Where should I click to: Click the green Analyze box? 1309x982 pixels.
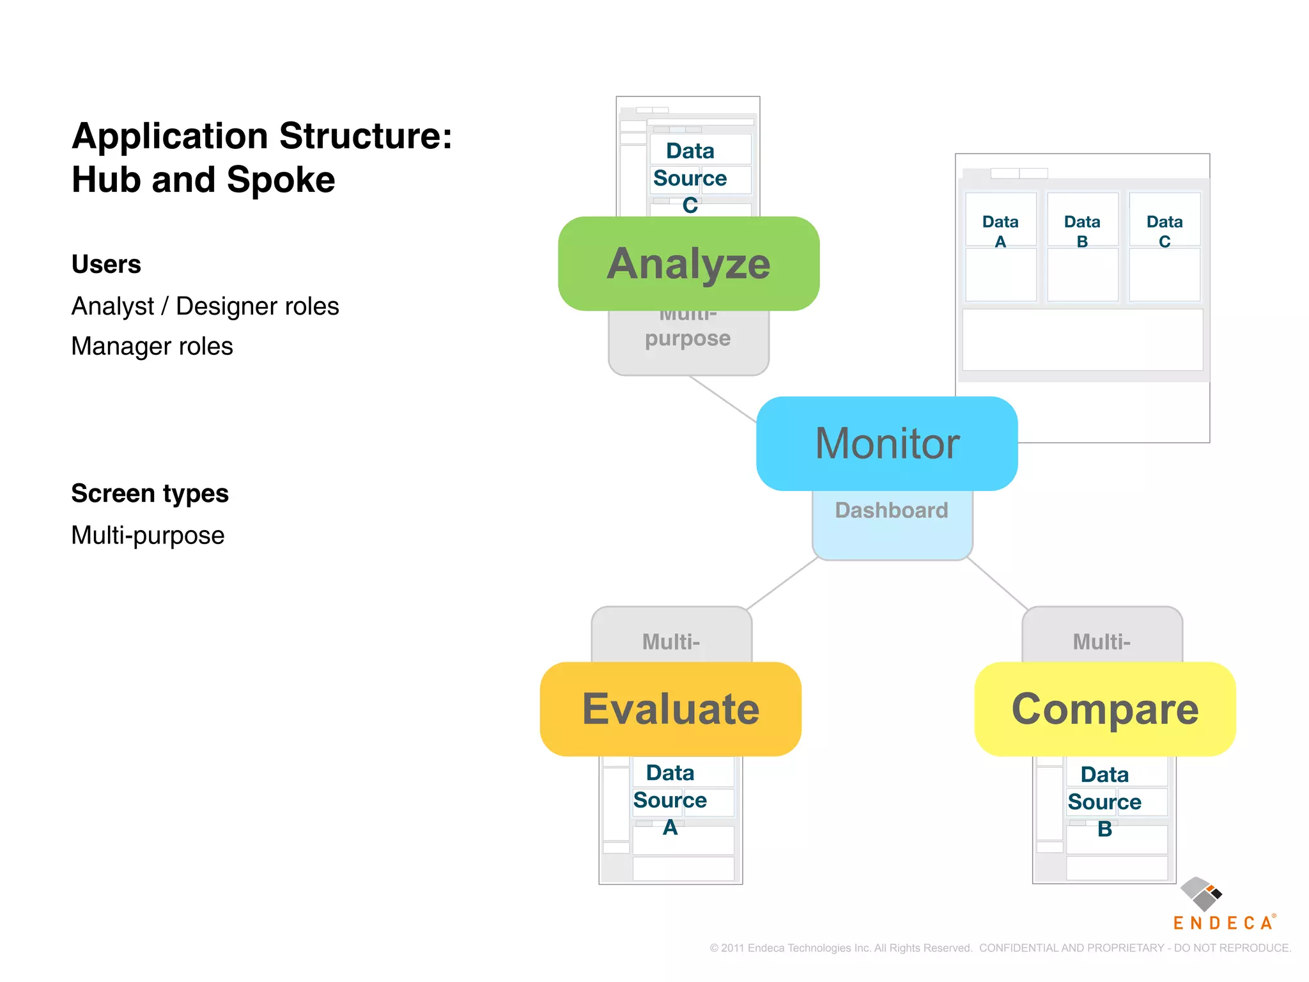688,263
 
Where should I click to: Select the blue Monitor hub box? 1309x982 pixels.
887,443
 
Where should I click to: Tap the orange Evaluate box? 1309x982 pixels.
670,709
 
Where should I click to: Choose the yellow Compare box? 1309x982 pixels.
1104,709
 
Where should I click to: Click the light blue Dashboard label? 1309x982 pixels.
892,510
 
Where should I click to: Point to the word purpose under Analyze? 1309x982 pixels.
688,338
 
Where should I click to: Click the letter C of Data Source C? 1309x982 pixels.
690,205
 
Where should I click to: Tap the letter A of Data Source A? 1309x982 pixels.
670,827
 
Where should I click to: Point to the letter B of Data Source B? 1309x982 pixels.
1104,829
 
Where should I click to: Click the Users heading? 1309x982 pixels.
106,264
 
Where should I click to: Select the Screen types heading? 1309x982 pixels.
150,494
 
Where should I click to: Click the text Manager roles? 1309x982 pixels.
152,347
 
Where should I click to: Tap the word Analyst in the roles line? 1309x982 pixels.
113,306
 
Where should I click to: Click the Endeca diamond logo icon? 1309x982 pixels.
1201,894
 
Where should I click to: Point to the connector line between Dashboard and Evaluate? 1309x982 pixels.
783,584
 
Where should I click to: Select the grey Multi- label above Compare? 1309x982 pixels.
1101,641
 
